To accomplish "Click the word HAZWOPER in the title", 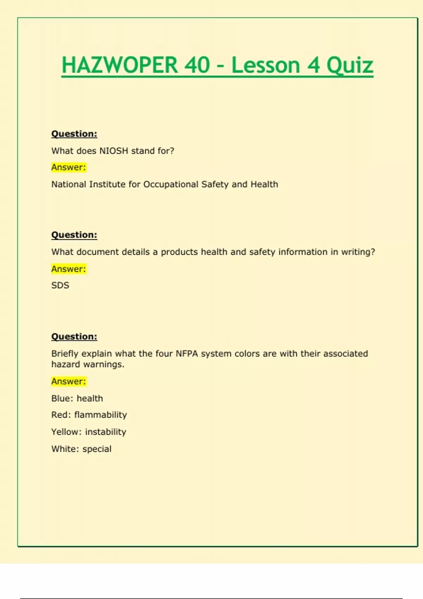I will pyautogui.click(x=119, y=65).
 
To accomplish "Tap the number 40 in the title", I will pyautogui.click(x=197, y=65).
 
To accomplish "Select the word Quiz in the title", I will pyautogui.click(x=350, y=65).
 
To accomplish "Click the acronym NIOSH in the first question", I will pyautogui.click(x=114, y=151).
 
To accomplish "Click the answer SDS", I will pyautogui.click(x=60, y=285).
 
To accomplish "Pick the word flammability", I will pyautogui.click(x=100, y=415).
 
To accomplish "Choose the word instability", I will pyautogui.click(x=105, y=432).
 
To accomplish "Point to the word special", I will pyautogui.click(x=97, y=449).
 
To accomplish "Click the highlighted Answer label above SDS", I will pyautogui.click(x=69, y=269).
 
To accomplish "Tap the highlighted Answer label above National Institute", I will pyautogui.click(x=69, y=167).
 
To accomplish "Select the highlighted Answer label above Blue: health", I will pyautogui.click(x=69, y=381).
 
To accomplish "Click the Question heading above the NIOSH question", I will pyautogui.click(x=74, y=134).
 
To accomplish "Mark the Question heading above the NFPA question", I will pyautogui.click(x=74, y=336).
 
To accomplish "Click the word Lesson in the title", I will pyautogui.click(x=265, y=65).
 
